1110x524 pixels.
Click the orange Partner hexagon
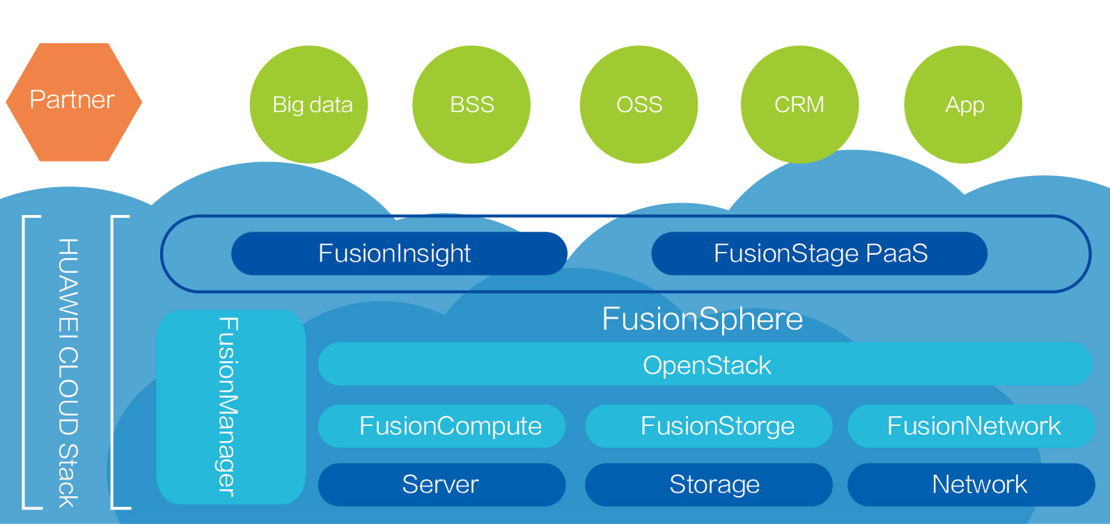(73, 102)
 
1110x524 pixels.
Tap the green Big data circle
(308, 104)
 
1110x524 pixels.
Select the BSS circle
(471, 104)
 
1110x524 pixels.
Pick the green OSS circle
(639, 104)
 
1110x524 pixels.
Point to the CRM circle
(799, 104)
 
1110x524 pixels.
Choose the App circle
(963, 104)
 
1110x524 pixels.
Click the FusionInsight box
(398, 253)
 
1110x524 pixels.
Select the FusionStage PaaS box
(819, 253)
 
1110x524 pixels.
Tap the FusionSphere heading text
(702, 319)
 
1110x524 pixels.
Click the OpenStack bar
(705, 364)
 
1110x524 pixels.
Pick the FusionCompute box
(441, 426)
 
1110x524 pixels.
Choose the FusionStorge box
(708, 426)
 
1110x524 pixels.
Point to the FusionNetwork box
(971, 426)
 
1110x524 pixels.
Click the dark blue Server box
(441, 484)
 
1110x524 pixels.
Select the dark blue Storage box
(708, 484)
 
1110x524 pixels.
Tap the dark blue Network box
(971, 484)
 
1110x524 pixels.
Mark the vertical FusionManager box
(230, 406)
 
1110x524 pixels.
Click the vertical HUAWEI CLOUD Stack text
(68, 372)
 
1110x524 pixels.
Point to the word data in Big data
(331, 105)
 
